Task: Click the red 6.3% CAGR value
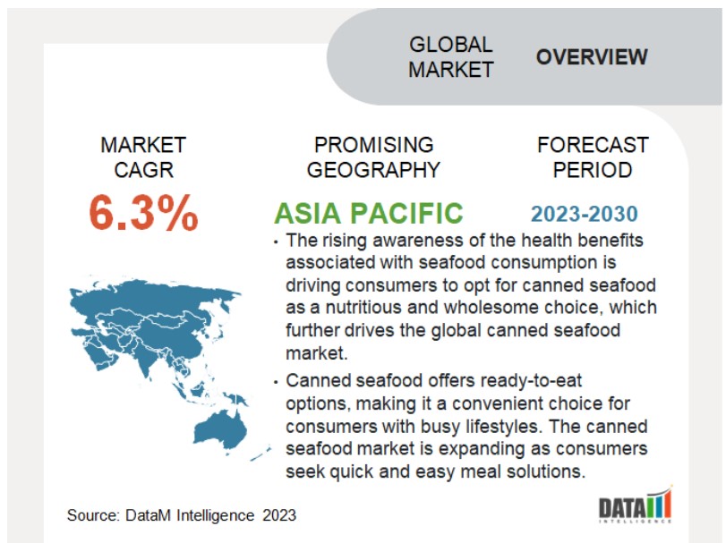click(143, 212)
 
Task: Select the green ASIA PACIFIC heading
click(369, 213)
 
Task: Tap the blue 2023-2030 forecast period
click(585, 214)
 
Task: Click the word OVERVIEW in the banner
click(592, 57)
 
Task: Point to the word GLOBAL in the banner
click(450, 45)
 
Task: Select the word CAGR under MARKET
click(143, 170)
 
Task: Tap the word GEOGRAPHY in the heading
click(373, 170)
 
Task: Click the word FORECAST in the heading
click(593, 145)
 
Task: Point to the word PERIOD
click(593, 170)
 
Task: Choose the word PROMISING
click(373, 145)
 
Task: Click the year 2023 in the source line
click(279, 515)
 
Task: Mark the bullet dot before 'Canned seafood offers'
click(276, 383)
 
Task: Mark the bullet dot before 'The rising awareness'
click(276, 242)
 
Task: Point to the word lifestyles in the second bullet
click(502, 427)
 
